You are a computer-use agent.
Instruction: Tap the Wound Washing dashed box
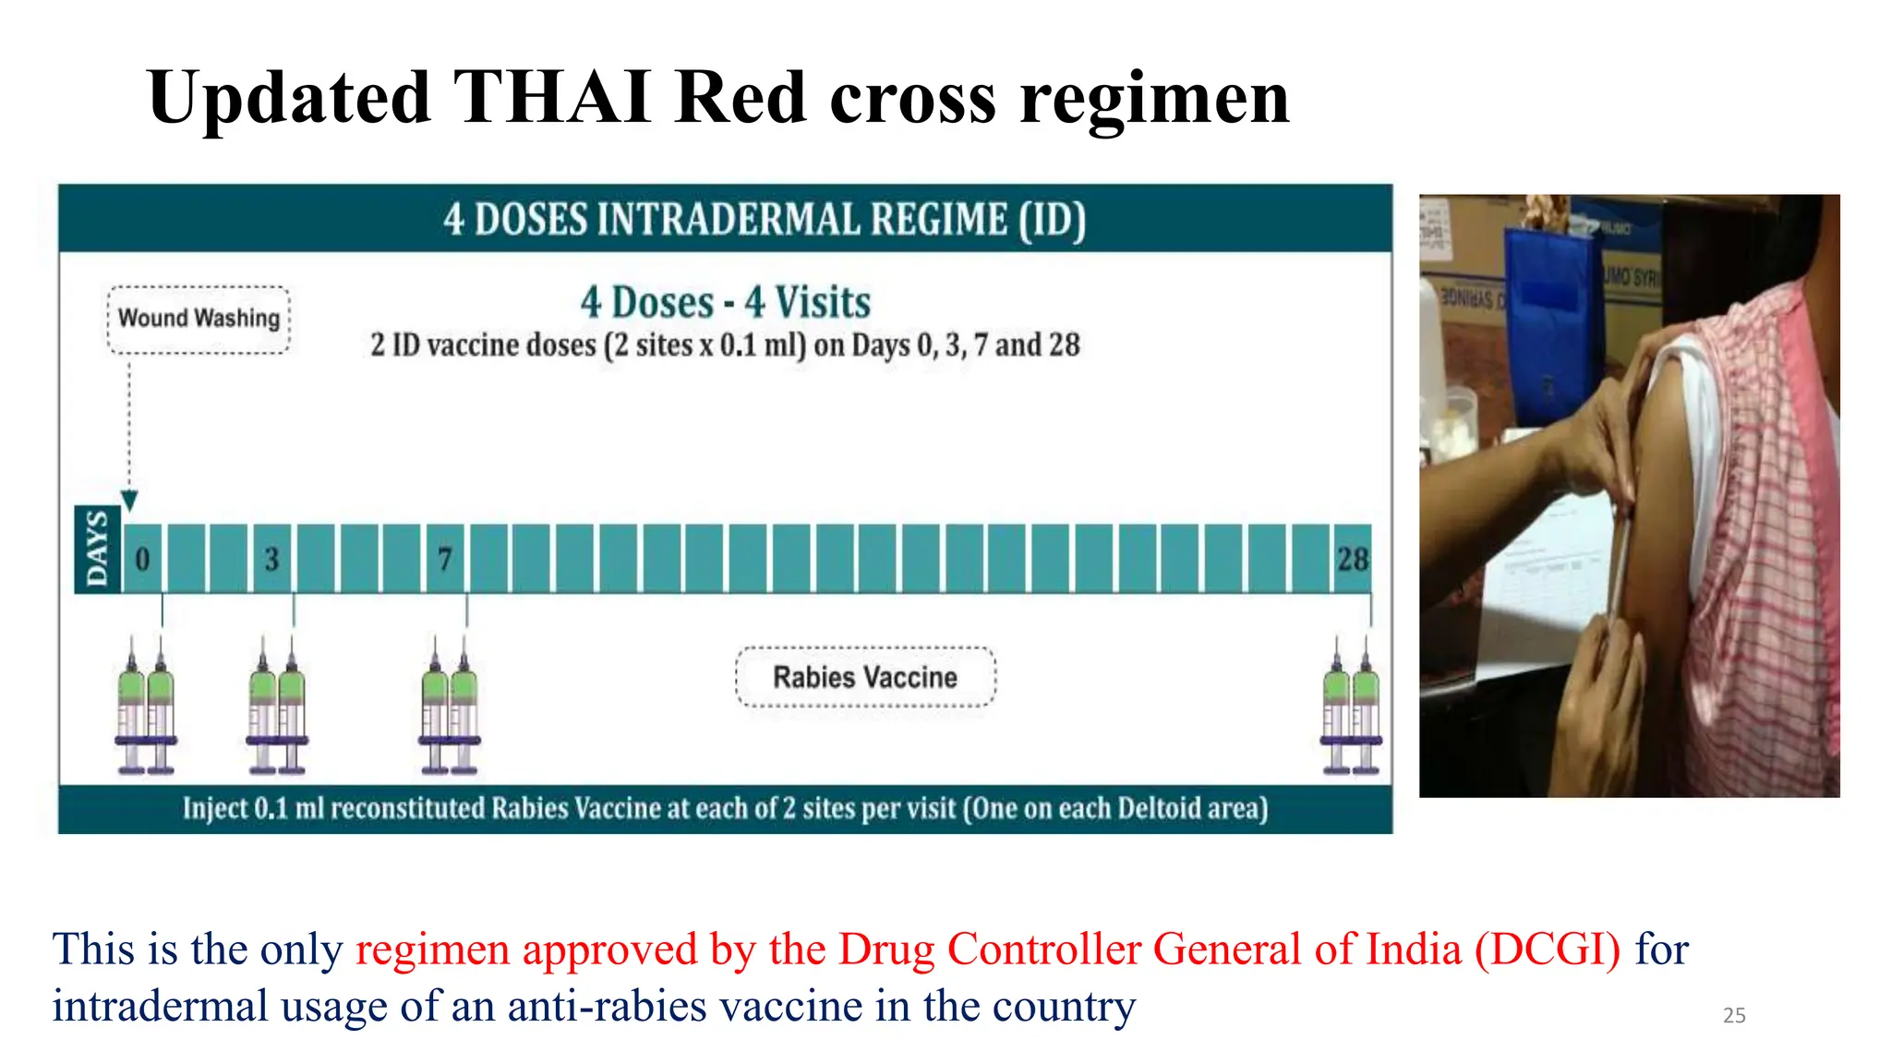click(x=199, y=319)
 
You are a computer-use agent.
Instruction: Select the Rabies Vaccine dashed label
click(x=865, y=677)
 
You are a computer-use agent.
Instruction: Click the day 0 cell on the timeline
click(x=142, y=559)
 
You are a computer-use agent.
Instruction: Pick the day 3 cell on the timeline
click(x=271, y=559)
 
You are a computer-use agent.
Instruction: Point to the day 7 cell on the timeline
click(x=445, y=559)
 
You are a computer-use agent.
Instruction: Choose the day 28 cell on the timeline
click(x=1353, y=559)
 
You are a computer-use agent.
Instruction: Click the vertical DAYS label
click(x=97, y=550)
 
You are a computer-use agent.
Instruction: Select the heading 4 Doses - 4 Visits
click(x=725, y=302)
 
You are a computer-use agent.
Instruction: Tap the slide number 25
click(x=1734, y=1015)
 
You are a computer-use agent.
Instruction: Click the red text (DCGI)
click(x=1547, y=949)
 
